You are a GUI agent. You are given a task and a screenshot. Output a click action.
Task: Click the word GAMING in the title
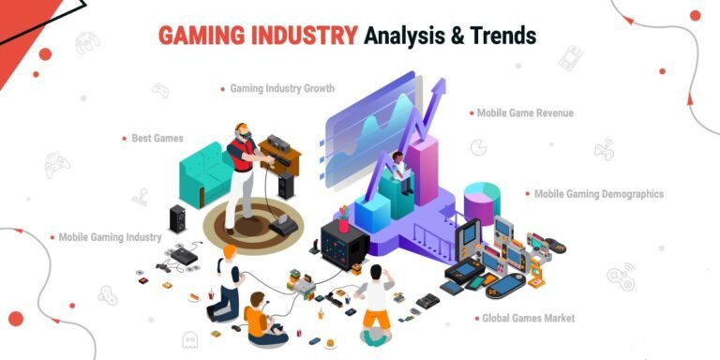(193, 36)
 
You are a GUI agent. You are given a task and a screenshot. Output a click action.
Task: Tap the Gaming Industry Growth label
(282, 89)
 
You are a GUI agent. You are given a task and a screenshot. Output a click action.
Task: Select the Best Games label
(156, 138)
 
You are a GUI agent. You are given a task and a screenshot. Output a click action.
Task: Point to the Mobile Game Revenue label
(525, 113)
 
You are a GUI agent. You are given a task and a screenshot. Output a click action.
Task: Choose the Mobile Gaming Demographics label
(598, 194)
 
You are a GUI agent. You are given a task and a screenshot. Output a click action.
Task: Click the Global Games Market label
(528, 319)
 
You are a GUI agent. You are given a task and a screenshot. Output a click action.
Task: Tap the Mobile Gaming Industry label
(110, 237)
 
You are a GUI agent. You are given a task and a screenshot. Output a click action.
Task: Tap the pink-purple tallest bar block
(427, 169)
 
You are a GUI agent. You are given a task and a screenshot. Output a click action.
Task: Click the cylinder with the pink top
(480, 202)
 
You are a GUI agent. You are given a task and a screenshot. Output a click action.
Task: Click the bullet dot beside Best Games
(124, 138)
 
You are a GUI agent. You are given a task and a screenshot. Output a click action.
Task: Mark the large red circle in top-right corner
(695, 15)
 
